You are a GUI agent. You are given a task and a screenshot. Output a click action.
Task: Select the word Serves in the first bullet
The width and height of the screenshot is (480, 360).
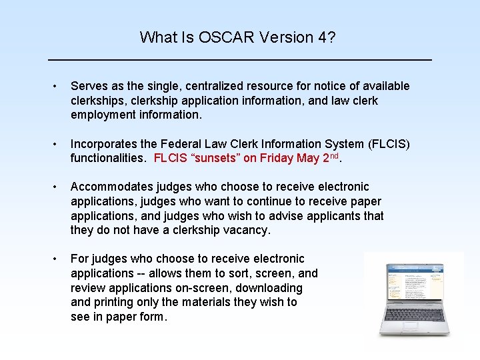(x=89, y=86)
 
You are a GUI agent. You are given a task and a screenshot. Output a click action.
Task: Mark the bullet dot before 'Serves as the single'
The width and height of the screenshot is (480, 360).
(x=59, y=87)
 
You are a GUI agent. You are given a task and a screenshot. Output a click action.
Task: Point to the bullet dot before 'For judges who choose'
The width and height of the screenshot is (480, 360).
(x=59, y=259)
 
